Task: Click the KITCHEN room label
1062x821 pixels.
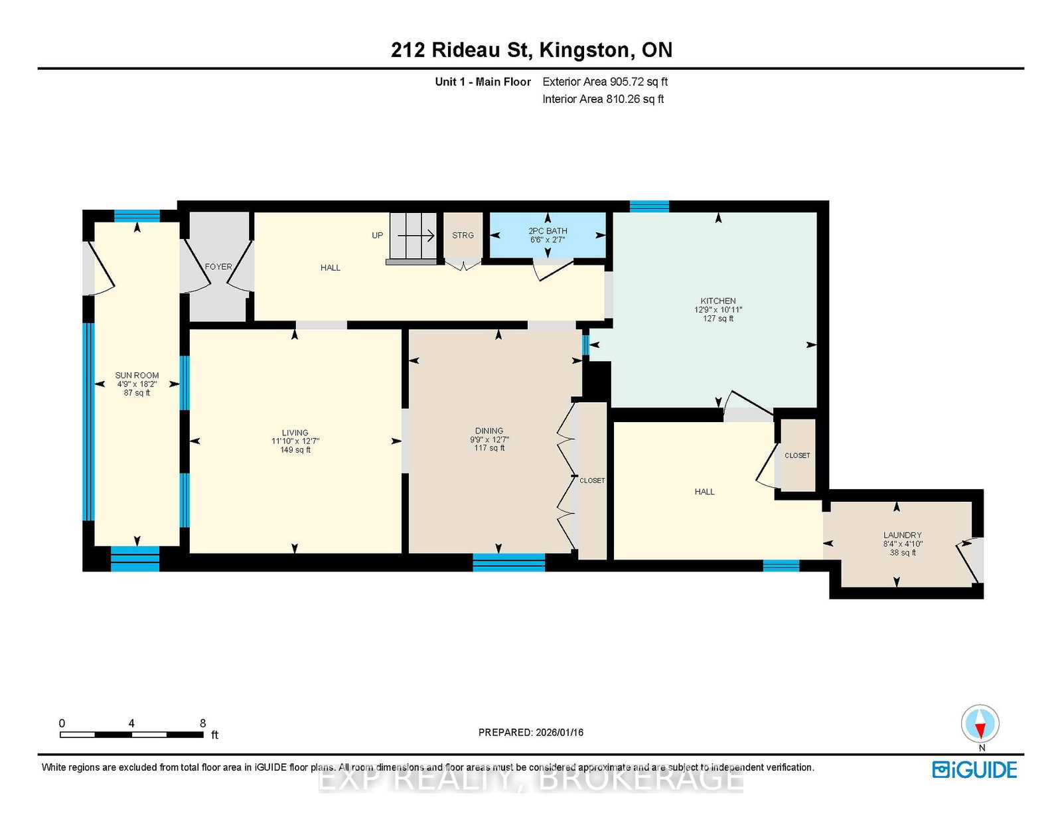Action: pyautogui.click(x=718, y=301)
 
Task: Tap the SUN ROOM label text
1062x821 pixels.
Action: pyautogui.click(x=137, y=375)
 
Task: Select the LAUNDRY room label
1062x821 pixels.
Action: pyautogui.click(x=902, y=535)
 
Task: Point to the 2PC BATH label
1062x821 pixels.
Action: pyautogui.click(x=548, y=231)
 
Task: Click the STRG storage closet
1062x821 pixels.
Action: pyautogui.click(x=463, y=236)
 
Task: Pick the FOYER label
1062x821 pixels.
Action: pyautogui.click(x=218, y=267)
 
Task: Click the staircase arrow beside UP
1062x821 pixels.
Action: pyautogui.click(x=416, y=236)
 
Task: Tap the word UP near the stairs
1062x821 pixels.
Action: pyautogui.click(x=377, y=236)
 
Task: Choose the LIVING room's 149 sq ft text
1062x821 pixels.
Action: pyautogui.click(x=295, y=449)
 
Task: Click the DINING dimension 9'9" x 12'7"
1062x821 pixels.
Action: pyautogui.click(x=489, y=439)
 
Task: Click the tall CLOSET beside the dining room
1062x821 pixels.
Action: pyautogui.click(x=592, y=481)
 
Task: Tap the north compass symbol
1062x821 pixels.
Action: pyautogui.click(x=980, y=723)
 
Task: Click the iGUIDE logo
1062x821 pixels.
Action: pyautogui.click(x=974, y=770)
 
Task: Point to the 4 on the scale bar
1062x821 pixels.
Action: pyautogui.click(x=131, y=723)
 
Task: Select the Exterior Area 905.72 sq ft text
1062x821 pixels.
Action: pyautogui.click(x=605, y=82)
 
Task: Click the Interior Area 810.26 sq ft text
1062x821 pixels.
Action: pyautogui.click(x=603, y=99)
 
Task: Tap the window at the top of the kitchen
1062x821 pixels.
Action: pyautogui.click(x=649, y=206)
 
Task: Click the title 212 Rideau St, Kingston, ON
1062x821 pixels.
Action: pyautogui.click(x=531, y=50)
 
